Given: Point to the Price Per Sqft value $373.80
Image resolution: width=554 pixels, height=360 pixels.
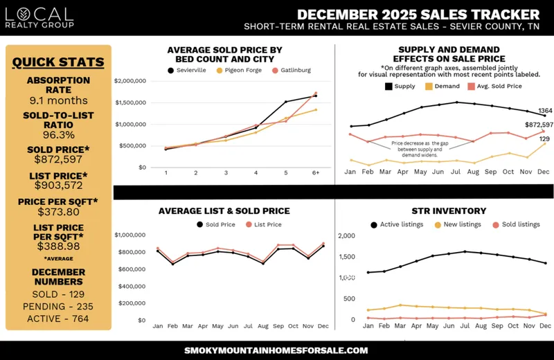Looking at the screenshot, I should (x=58, y=211).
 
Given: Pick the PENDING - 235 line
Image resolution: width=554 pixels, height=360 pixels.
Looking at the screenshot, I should (x=58, y=306).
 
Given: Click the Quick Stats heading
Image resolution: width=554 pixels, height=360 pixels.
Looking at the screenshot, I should (x=58, y=62).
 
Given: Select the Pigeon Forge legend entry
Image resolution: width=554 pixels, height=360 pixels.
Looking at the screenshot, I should (x=238, y=70).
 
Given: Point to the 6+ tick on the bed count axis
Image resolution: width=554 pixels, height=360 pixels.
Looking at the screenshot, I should (x=315, y=173).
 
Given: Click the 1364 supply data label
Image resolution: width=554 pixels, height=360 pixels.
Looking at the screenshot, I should (x=545, y=111).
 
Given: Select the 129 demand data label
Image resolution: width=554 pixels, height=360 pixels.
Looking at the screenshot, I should (x=544, y=139).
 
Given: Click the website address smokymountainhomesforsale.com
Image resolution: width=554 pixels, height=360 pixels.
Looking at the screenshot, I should (x=276, y=350).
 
